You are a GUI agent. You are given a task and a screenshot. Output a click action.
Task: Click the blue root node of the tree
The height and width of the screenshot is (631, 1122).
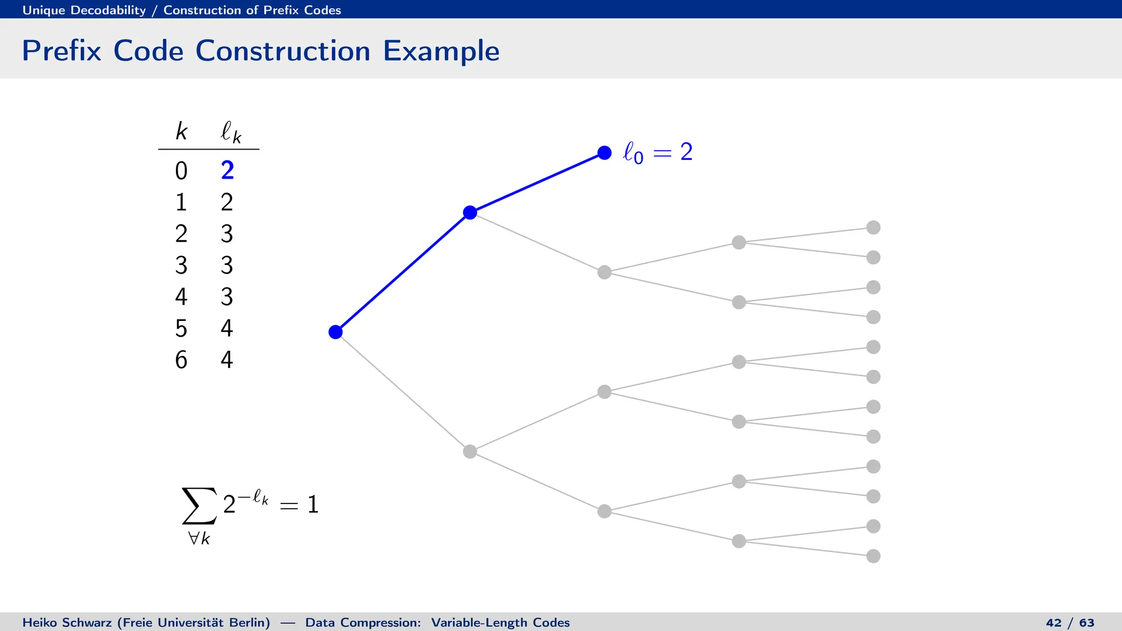point(335,332)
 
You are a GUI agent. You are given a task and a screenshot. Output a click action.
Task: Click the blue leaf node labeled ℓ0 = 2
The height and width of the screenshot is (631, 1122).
point(604,153)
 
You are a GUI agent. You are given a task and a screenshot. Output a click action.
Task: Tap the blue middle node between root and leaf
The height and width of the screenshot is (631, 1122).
point(470,213)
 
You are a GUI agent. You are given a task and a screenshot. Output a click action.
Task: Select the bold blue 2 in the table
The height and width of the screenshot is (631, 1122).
point(227,171)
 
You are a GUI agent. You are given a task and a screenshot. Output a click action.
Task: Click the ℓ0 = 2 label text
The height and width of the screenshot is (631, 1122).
point(657,152)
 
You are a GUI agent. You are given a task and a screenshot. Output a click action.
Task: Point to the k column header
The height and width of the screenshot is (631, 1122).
point(181,131)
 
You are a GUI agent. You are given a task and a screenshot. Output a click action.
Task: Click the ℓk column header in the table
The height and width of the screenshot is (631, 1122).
point(231,133)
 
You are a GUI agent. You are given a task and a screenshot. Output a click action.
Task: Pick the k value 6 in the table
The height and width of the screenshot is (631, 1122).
point(181,360)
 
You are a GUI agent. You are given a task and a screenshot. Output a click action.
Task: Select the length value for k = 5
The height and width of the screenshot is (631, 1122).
point(227,329)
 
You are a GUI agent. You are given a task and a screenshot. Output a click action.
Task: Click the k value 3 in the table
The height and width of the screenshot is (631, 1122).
point(181,266)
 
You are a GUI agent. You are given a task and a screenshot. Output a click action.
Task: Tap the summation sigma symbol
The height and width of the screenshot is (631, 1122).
point(199,506)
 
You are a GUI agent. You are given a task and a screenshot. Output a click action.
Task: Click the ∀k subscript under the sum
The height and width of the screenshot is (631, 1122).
point(199,539)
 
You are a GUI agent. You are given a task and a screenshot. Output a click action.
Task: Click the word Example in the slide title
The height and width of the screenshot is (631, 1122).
point(441,51)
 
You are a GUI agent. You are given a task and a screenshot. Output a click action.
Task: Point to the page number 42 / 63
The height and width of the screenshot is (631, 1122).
point(1070,623)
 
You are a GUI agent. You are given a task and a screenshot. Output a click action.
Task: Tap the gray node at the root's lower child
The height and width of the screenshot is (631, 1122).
point(470,451)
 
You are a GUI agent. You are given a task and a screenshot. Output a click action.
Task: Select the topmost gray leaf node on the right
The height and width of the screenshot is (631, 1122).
point(873,227)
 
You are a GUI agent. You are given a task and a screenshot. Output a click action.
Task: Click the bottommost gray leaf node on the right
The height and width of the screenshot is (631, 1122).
point(873,556)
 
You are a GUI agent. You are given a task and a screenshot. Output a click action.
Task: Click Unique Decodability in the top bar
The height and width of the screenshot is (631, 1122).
point(84,10)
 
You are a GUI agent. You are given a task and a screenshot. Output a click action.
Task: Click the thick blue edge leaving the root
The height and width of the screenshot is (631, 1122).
point(403,272)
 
